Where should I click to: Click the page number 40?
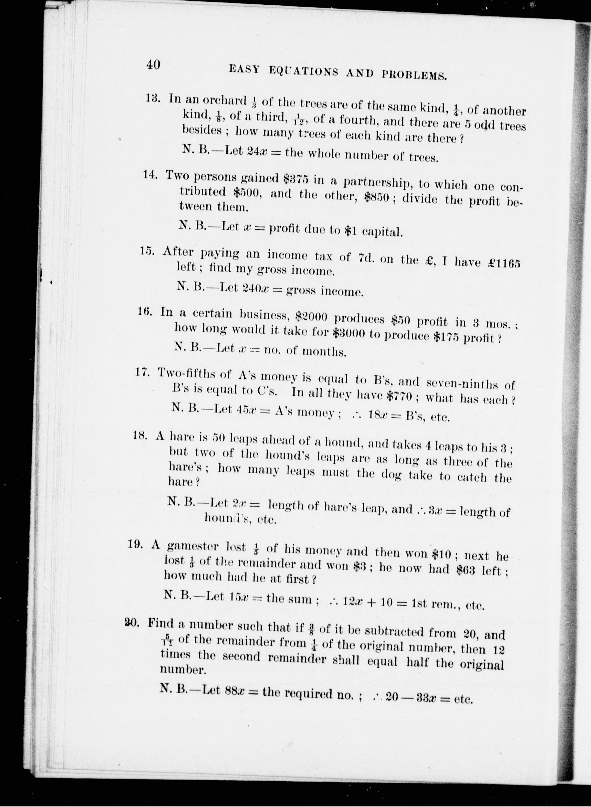[x=153, y=65]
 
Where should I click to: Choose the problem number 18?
[x=140, y=435]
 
